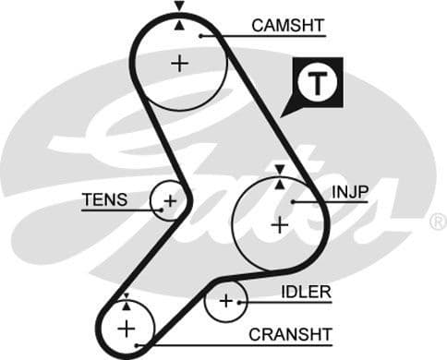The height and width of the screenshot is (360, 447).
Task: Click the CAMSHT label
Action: pos(288,26)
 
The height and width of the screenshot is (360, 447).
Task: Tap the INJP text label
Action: pos(350,192)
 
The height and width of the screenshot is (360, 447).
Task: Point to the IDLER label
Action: pos(306,293)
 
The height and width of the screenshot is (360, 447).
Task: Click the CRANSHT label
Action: pos(290,334)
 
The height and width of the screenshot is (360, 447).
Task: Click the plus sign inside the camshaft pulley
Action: pos(178,63)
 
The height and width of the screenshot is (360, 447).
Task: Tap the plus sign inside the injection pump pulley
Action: pos(279,224)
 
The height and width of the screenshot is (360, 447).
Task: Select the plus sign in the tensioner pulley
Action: pos(170,200)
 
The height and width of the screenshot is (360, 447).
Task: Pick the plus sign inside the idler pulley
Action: pos(226,301)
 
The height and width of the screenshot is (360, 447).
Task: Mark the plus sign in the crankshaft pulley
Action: pos(126,327)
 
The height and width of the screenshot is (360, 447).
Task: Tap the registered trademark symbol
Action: pos(438,222)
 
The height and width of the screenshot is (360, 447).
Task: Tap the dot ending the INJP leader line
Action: pos(294,201)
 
